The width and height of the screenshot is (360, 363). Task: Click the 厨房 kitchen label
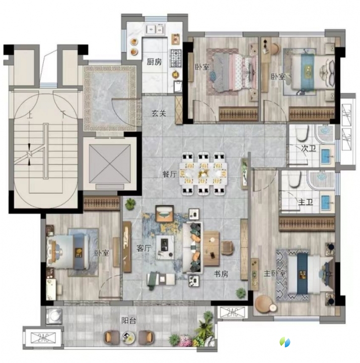coord(154,62)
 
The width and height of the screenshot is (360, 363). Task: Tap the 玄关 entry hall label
coord(159,113)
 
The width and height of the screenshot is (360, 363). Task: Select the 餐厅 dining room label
coord(170,174)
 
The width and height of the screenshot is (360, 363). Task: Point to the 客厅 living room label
coord(144,248)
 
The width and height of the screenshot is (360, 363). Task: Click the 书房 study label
coord(221,274)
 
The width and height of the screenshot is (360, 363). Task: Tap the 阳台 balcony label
coord(129,321)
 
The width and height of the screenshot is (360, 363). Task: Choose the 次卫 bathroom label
coord(309,148)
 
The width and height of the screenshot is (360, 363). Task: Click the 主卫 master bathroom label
coord(306,202)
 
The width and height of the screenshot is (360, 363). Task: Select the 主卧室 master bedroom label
coord(275,274)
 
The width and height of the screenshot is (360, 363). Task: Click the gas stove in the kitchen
coord(176,58)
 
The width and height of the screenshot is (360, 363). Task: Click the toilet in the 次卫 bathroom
coord(302,133)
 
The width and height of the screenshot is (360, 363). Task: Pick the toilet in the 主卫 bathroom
coord(295,179)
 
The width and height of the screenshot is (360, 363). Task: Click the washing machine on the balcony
coord(54,315)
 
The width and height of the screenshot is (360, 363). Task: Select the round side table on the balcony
coord(128,337)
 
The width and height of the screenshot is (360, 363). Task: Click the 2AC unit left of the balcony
coord(43,337)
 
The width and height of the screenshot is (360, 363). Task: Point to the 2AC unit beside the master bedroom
coord(232,312)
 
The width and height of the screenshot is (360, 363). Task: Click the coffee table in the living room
coord(165,247)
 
